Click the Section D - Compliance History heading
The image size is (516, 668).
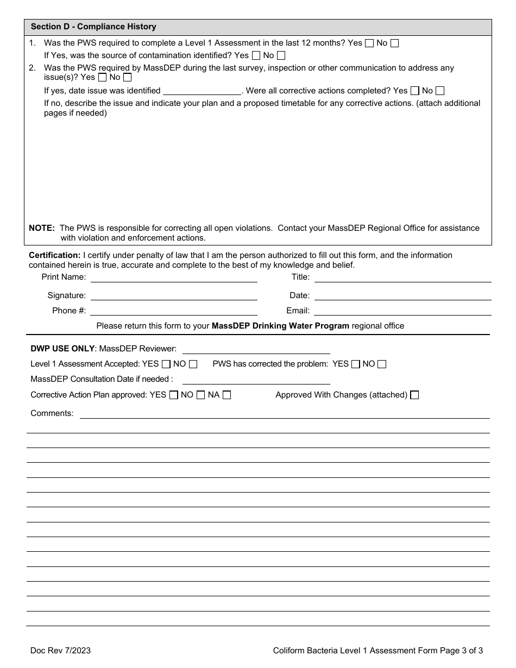[x=93, y=27]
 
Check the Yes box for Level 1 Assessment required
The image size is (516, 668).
[x=369, y=43]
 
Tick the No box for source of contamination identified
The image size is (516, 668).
[x=281, y=55]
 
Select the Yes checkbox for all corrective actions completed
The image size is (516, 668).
[x=415, y=91]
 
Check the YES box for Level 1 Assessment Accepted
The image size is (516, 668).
[x=166, y=364]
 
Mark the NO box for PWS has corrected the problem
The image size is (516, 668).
[x=382, y=364]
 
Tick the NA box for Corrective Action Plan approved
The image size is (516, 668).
[x=227, y=395]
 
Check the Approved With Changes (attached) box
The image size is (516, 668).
[x=414, y=395]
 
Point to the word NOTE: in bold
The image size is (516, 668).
[x=42, y=228]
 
